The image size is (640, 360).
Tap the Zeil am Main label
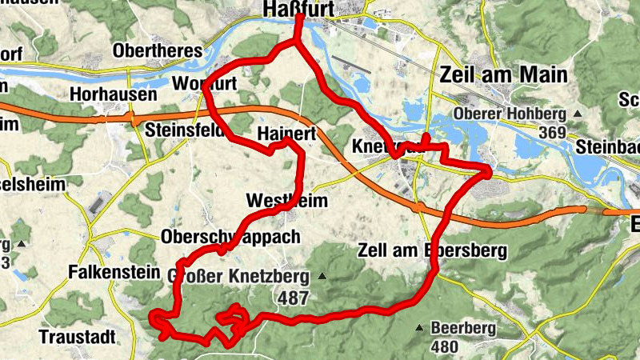coord(503,75)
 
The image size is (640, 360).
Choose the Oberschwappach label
coord(230,237)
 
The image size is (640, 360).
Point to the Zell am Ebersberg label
coord(432,250)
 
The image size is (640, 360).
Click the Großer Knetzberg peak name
coord(239,276)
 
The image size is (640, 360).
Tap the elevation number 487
coord(294,297)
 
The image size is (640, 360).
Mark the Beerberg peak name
coord(463,328)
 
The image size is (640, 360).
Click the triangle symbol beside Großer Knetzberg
coord(322,277)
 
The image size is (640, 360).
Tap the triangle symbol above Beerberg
coord(418,327)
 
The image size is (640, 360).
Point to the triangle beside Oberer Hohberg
coord(576,114)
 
